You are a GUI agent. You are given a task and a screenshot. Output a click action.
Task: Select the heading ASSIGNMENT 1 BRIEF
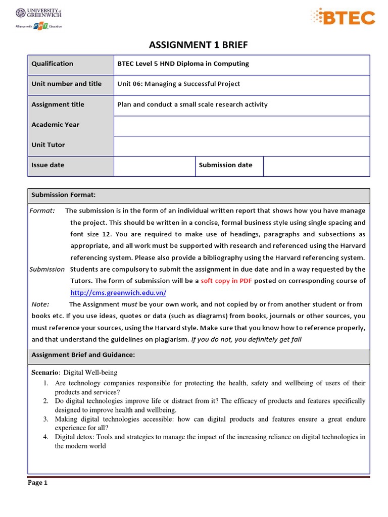[x=199, y=45]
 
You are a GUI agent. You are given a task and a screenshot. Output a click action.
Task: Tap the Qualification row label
[x=52, y=64]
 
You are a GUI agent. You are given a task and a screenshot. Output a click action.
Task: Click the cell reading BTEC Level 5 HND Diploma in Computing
[x=183, y=64]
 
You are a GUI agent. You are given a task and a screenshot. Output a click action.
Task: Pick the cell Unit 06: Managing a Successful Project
[x=178, y=84]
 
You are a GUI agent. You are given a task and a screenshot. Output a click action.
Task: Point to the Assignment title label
[x=58, y=105]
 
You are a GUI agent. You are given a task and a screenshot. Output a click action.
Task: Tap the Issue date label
[x=47, y=165]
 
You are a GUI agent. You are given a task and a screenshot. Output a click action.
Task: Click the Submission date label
[x=225, y=165]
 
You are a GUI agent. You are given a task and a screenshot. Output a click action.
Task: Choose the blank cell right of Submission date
[x=316, y=166]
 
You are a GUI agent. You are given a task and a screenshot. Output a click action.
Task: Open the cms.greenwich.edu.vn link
[x=118, y=293]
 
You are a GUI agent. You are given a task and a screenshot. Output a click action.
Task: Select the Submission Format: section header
[x=64, y=195]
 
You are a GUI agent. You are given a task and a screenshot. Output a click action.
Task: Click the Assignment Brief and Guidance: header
[x=83, y=355]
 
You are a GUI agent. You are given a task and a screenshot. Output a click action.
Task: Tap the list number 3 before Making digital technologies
[x=45, y=419]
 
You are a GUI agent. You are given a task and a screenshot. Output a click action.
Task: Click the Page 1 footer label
[x=37, y=483]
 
